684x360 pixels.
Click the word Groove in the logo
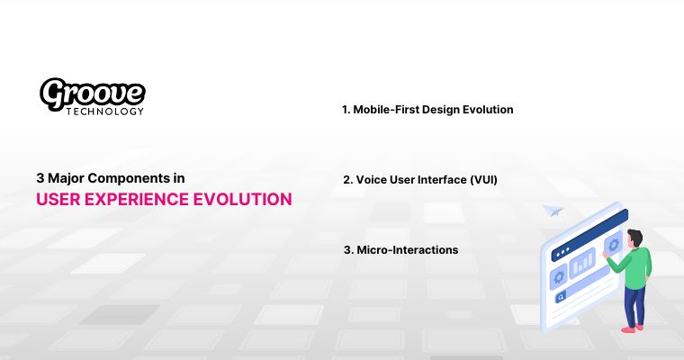click(93, 93)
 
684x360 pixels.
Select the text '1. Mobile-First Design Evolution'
click(427, 110)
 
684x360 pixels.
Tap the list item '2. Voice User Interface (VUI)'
click(420, 180)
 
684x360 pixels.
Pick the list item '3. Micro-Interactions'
click(400, 249)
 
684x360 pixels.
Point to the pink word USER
click(57, 199)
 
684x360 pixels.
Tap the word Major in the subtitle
click(65, 179)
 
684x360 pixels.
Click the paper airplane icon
click(552, 211)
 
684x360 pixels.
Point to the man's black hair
click(635, 236)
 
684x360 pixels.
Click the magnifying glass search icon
click(560, 296)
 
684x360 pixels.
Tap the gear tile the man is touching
click(614, 245)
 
